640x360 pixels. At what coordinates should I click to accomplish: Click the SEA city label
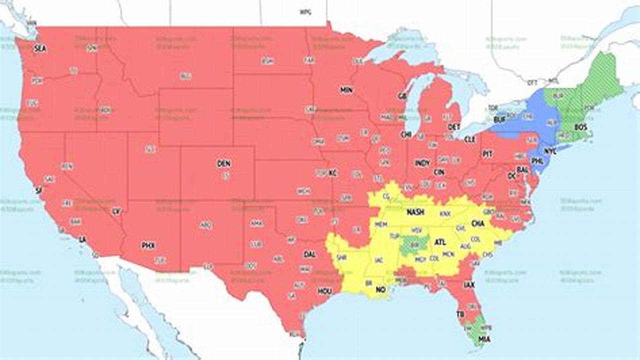(x=39, y=48)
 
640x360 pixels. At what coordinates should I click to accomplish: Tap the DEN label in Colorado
(x=223, y=163)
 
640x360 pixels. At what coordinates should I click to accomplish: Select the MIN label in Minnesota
(x=346, y=90)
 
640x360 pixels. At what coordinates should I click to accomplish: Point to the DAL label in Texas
(x=309, y=254)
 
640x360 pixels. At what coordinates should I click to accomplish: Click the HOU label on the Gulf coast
(x=324, y=291)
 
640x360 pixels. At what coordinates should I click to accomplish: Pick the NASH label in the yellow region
(x=415, y=212)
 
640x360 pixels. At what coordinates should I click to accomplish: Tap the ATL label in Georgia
(x=440, y=242)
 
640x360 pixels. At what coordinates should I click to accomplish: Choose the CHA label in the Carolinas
(x=478, y=223)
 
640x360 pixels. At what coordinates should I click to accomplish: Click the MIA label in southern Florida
(x=484, y=339)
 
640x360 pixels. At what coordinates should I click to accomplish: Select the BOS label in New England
(x=580, y=127)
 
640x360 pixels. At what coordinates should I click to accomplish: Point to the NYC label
(x=550, y=150)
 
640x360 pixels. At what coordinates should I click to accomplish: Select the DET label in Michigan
(x=453, y=127)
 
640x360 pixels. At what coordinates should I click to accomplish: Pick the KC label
(x=333, y=173)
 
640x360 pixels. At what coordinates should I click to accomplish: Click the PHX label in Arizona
(x=148, y=245)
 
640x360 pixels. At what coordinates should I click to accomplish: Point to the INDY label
(x=422, y=163)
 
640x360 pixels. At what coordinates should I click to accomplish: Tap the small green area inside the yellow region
(x=413, y=244)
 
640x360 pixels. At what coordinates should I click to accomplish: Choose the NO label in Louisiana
(x=380, y=289)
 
